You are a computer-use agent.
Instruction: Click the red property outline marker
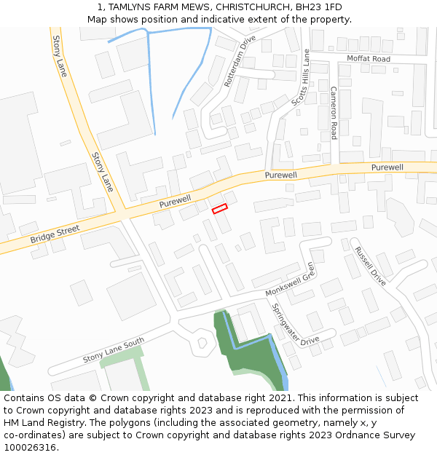pos(219,209)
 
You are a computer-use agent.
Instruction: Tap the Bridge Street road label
pos(55,234)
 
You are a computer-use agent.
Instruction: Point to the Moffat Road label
pos(368,58)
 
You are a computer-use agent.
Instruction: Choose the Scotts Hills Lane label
pos(301,78)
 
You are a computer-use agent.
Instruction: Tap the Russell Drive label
pos(370,266)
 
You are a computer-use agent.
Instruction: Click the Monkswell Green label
pos(291,280)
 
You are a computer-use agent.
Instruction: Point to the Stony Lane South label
pos(114,350)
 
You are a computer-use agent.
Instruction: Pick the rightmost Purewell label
pos(387,167)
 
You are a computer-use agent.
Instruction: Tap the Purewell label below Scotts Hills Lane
pos(280,175)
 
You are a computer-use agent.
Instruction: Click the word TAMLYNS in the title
pos(135,7)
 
